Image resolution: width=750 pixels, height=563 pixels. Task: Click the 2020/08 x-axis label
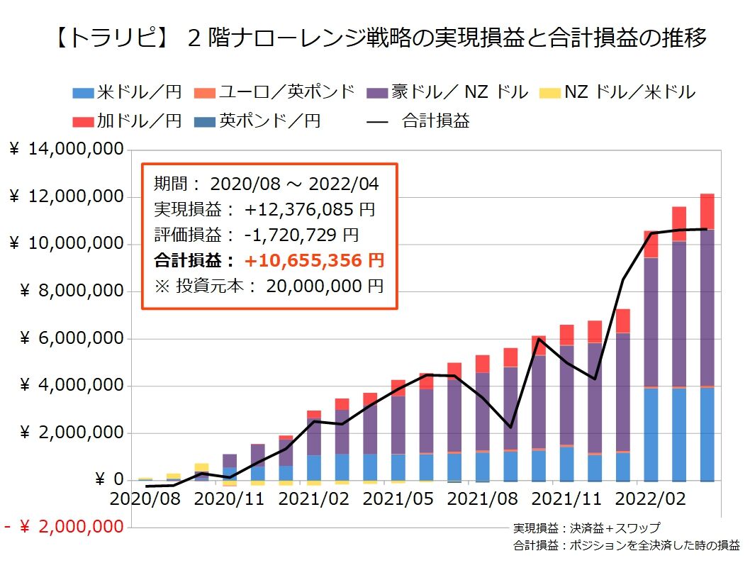point(145,498)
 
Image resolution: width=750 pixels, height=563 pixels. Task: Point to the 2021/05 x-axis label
point(398,498)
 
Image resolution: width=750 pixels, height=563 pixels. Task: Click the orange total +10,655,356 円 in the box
point(314,260)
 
